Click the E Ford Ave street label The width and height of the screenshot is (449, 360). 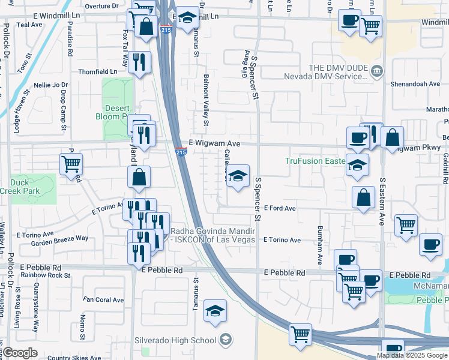click(x=281, y=208)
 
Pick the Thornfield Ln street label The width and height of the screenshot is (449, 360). click(x=98, y=71)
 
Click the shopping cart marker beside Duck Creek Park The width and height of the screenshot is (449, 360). click(x=71, y=163)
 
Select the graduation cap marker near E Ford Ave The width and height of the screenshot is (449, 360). click(x=238, y=176)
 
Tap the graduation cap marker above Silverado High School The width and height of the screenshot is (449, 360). click(x=215, y=311)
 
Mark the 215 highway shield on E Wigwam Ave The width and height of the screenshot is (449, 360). click(x=181, y=153)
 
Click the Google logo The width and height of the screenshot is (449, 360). click(x=20, y=353)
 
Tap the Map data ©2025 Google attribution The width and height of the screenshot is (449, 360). click(x=412, y=355)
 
